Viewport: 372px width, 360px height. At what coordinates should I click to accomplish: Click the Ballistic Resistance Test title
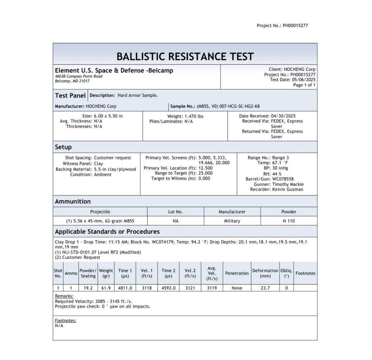coord(185,56)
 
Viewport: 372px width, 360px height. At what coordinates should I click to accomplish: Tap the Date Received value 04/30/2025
coord(288,116)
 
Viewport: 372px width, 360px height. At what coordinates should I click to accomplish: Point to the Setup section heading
coord(63,147)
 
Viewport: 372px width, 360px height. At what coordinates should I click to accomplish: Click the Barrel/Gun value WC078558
coord(283,179)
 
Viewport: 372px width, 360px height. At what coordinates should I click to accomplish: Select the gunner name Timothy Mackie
coord(288,184)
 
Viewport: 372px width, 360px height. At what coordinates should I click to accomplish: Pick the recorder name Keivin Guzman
coord(287,189)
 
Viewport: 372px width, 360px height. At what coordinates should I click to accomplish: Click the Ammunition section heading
coord(73,201)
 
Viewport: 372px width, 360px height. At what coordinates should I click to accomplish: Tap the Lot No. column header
coord(175,212)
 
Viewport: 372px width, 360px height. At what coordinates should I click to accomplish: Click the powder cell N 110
coord(289,221)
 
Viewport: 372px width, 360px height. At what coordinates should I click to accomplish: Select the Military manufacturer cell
coord(232,221)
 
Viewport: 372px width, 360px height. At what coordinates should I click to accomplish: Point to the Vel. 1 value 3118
coord(147,288)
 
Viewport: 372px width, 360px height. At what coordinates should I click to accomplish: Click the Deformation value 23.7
coord(265,288)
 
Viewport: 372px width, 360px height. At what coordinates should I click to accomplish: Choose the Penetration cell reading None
coord(237,288)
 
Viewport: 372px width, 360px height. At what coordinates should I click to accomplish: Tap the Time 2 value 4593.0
coord(169,288)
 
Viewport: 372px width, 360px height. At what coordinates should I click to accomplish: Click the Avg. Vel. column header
coord(212,273)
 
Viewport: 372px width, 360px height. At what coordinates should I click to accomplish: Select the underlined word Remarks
coord(64,296)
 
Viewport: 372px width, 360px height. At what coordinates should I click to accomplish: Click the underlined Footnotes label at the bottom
coord(65,320)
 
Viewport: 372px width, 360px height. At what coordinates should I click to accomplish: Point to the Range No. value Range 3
coord(280,158)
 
